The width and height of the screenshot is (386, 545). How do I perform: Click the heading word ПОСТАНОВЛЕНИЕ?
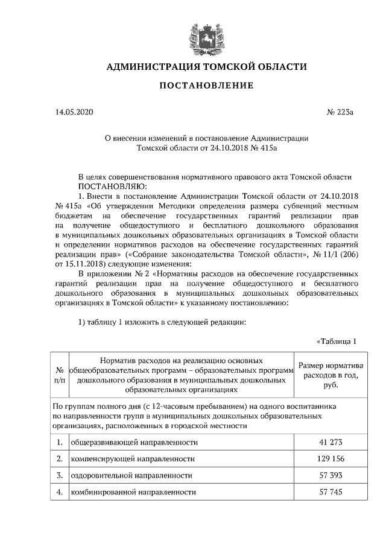[206, 86]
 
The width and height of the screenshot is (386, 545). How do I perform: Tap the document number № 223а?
[340, 112]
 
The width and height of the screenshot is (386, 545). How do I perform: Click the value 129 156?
[331, 459]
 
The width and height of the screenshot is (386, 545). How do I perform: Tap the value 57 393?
[331, 475]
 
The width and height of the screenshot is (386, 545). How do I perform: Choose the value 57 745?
[331, 492]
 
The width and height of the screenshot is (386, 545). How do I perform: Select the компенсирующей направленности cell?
[133, 459]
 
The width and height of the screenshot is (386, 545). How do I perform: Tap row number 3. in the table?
[60, 475]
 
